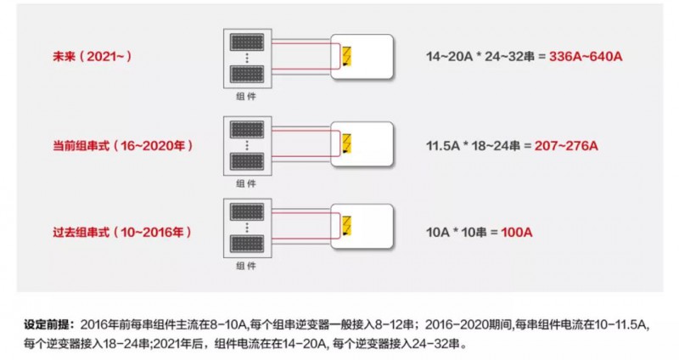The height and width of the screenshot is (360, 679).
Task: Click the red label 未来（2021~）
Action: pyautogui.click(x=93, y=57)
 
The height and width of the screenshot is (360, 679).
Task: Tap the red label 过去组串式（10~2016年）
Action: pyautogui.click(x=121, y=231)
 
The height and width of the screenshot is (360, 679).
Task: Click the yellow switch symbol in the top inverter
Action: pyautogui.click(x=346, y=56)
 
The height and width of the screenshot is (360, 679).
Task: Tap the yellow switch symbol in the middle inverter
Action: pyautogui.click(x=346, y=143)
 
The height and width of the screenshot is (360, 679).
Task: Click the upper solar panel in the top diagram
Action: pyautogui.click(x=245, y=42)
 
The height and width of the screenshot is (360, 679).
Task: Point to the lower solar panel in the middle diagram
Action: pyautogui.click(x=245, y=162)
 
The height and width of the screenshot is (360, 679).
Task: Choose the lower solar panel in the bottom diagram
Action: pyautogui.click(x=245, y=246)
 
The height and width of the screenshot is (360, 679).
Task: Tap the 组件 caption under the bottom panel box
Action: pyautogui.click(x=245, y=267)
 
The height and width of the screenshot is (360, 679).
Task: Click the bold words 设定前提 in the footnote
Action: pyautogui.click(x=50, y=324)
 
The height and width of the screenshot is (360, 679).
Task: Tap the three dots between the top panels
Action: pyautogui.click(x=245, y=57)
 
